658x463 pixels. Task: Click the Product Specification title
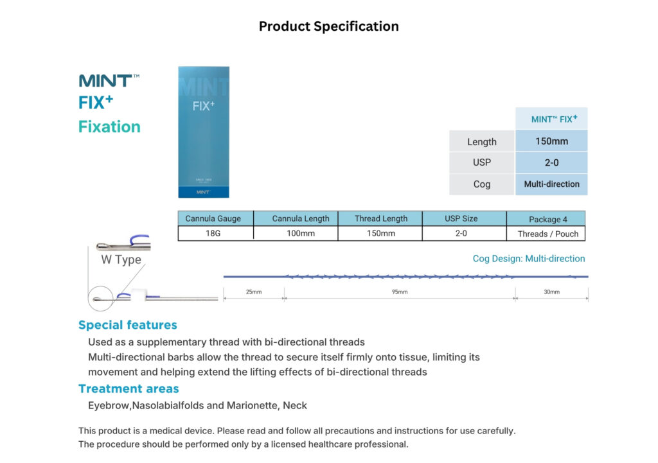(328, 26)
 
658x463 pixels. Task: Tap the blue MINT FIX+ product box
(204, 132)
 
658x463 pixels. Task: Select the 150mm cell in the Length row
(551, 141)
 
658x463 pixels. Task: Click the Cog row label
(482, 184)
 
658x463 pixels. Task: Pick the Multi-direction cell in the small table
(551, 184)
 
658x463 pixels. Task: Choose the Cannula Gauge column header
(213, 218)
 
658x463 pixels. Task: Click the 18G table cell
(213, 233)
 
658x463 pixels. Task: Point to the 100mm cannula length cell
(301, 233)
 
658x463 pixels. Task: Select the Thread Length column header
(380, 218)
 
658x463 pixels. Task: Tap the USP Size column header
(461, 218)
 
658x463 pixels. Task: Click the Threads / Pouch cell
(547, 234)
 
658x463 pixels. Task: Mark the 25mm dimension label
(253, 292)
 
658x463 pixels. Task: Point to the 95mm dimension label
(400, 292)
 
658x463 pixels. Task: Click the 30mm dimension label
(551, 292)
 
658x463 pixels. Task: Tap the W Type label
(121, 259)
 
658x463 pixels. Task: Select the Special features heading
(128, 325)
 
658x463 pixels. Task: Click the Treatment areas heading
(129, 389)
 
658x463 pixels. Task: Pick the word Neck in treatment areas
(294, 406)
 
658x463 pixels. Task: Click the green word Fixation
(109, 127)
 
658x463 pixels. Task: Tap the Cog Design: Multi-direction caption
(529, 259)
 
